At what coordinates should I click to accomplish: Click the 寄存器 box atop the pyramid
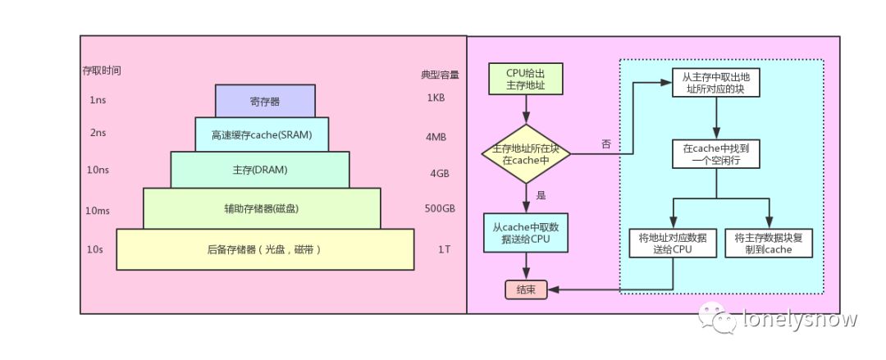click(265, 102)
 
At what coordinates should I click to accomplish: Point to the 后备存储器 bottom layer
click(264, 248)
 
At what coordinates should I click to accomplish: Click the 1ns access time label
click(97, 99)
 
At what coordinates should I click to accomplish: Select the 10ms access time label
click(98, 210)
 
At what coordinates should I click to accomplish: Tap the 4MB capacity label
click(436, 136)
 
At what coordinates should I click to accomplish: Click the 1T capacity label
click(443, 248)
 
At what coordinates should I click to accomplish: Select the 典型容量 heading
click(440, 74)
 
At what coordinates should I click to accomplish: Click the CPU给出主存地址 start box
click(525, 80)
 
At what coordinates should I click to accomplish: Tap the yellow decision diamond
click(525, 154)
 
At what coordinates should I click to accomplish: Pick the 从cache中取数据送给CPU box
click(525, 232)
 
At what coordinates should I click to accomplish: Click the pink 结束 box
click(526, 289)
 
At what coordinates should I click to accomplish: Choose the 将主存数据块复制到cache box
click(769, 244)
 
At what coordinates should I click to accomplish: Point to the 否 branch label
click(606, 144)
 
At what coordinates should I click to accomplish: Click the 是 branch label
click(541, 196)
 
